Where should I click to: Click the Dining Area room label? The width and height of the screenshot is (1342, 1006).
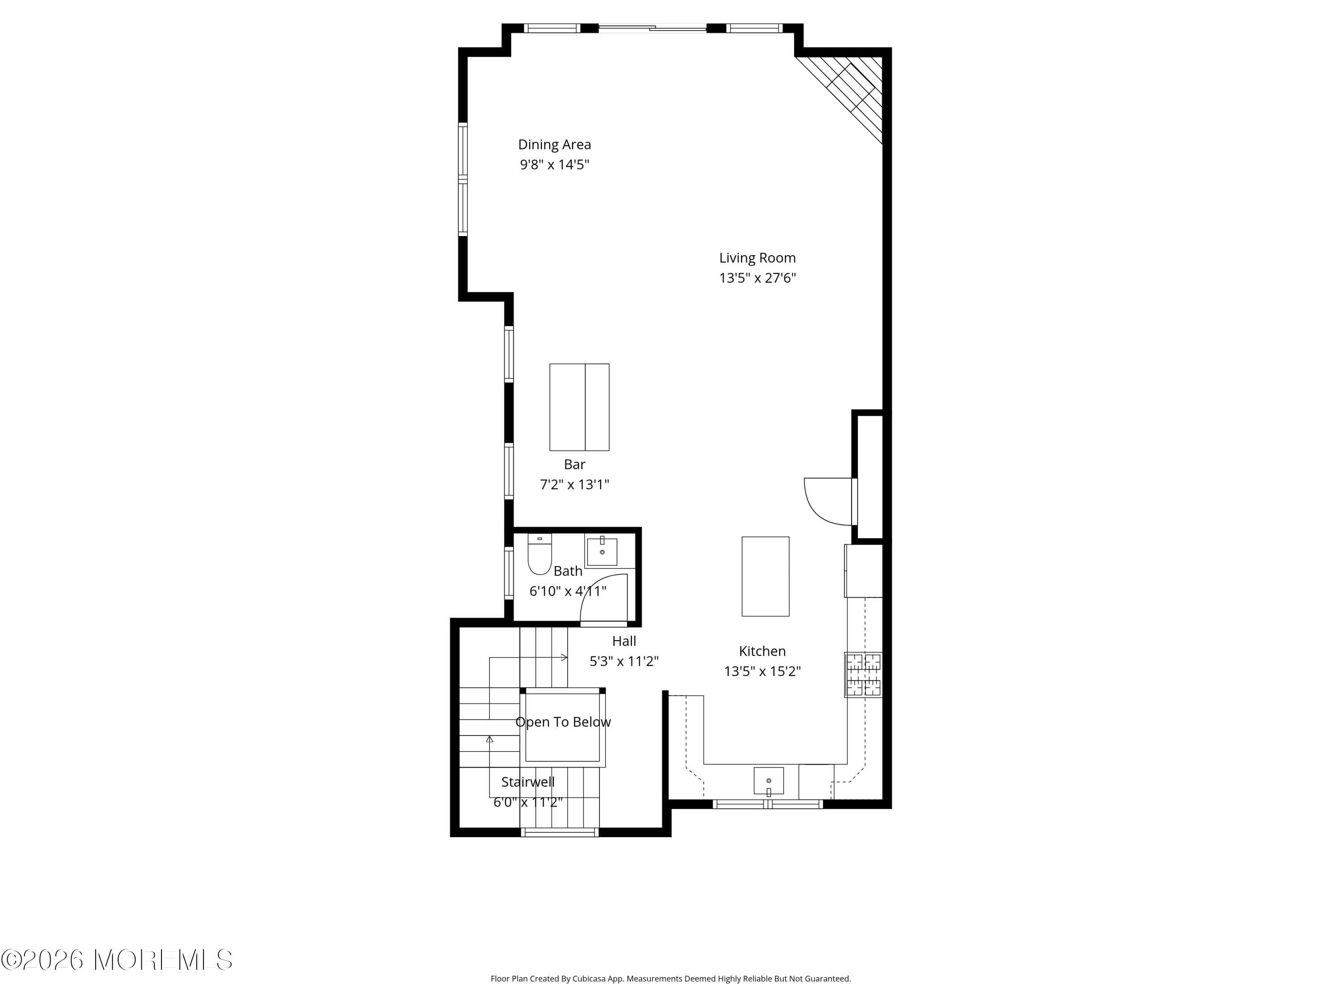click(554, 144)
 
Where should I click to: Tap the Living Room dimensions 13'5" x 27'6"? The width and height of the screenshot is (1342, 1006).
click(757, 278)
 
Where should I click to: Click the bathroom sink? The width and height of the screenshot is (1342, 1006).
click(602, 552)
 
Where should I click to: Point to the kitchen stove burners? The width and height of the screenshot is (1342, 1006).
click(863, 674)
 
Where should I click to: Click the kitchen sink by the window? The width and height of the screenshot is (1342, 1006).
click(768, 780)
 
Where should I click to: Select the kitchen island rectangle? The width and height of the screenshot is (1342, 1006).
click(765, 576)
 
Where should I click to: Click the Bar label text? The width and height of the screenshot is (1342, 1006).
click(574, 465)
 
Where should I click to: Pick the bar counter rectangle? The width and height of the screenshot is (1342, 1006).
click(579, 407)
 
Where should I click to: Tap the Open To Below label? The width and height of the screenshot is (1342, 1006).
click(562, 722)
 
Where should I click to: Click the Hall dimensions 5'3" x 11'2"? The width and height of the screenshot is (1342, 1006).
click(624, 661)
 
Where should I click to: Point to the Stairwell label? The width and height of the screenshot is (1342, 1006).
click(527, 782)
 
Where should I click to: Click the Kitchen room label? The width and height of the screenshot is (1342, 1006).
click(762, 651)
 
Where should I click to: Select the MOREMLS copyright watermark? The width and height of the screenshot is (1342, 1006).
click(116, 960)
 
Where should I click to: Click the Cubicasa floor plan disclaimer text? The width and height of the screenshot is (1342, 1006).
click(671, 979)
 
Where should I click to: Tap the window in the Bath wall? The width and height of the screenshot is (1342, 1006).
click(509, 573)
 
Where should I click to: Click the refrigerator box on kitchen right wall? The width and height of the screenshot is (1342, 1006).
click(863, 571)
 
